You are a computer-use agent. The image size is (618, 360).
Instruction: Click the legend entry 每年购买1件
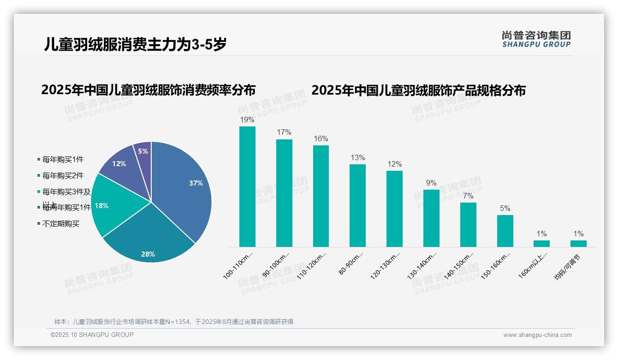[63, 159]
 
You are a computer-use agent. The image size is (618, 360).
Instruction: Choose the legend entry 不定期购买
[60, 223]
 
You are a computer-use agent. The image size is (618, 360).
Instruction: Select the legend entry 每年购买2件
[63, 175]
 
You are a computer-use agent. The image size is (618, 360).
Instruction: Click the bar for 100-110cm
[247, 186]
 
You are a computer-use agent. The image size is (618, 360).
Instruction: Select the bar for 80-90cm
[357, 205]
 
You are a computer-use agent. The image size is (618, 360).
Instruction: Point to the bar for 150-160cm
[505, 231]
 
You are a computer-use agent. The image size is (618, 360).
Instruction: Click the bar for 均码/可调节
[578, 243]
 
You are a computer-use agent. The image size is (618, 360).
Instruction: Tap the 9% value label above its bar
[431, 183]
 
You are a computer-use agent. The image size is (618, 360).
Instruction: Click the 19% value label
[247, 120]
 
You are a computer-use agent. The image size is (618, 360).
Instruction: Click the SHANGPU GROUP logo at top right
[536, 39]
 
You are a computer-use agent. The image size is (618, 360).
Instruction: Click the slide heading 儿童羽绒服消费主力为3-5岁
[135, 45]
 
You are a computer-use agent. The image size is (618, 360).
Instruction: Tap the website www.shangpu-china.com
[537, 335]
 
